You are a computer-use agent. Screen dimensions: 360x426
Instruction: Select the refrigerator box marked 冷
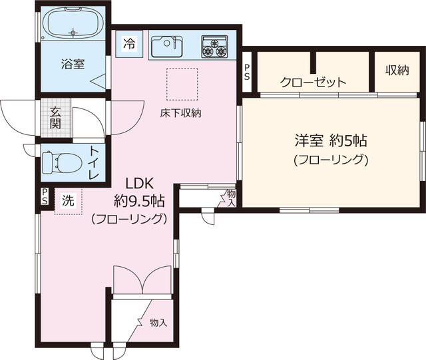pos(128,45)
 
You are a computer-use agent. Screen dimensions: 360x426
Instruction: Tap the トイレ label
pos(94,162)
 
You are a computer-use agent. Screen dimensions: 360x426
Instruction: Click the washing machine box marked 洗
pos(68,198)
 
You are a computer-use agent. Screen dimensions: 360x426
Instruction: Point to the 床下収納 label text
pos(180,112)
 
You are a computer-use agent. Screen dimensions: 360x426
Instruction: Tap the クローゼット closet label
pos(313,83)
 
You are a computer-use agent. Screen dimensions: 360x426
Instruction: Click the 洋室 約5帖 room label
pos(331,141)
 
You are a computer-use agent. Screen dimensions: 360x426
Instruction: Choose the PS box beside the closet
pos(247,74)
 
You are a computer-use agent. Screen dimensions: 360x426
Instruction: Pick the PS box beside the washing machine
pos(45,198)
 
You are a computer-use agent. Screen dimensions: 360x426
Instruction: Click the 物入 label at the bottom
pos(158,323)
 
